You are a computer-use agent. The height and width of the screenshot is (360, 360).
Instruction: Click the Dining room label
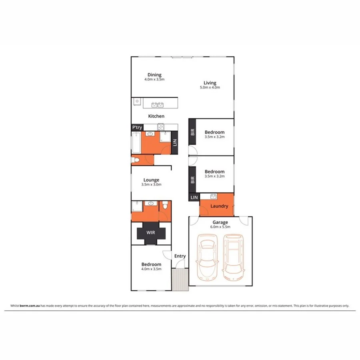154,75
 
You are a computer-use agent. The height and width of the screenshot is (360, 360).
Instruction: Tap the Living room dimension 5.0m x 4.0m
210,87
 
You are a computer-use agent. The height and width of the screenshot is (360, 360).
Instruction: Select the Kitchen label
156,116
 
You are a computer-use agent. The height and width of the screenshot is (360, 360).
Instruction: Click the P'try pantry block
137,127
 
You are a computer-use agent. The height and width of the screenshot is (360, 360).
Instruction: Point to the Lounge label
151,180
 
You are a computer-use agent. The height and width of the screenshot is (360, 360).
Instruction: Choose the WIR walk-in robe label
151,232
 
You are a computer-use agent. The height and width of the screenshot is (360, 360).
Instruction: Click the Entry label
180,256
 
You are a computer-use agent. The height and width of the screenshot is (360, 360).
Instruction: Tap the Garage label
220,222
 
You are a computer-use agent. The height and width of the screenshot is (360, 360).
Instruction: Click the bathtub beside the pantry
136,143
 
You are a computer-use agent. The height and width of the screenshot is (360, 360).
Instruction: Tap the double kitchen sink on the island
157,105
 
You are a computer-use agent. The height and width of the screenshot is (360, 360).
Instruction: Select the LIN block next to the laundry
194,198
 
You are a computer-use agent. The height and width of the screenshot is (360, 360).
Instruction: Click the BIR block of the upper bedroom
192,132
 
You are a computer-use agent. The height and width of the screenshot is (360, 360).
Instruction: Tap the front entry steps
180,279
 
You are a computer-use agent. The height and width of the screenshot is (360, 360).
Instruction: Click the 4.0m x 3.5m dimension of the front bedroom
151,269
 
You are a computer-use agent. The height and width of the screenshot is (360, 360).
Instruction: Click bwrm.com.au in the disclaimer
30,306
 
